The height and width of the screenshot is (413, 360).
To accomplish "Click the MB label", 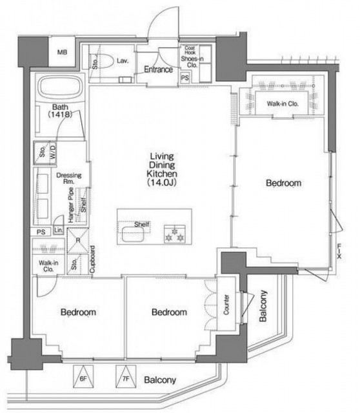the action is click(x=62, y=52).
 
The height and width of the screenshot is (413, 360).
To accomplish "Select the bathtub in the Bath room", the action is click(x=60, y=87).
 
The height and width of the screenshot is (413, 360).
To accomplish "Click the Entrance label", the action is click(x=158, y=70).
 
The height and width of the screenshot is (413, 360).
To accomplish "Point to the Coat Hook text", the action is click(x=190, y=50).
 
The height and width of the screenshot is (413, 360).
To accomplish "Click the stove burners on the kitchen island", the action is click(x=174, y=234).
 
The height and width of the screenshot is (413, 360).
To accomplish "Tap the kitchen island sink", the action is click(x=133, y=234).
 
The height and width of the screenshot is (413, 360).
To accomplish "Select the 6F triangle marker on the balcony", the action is click(x=83, y=376).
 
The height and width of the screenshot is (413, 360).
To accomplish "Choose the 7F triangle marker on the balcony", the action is click(x=126, y=376).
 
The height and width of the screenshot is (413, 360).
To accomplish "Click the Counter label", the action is click(x=226, y=305).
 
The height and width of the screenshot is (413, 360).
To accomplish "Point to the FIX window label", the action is click(x=339, y=251).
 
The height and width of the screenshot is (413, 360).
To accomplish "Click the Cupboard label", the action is click(x=92, y=259).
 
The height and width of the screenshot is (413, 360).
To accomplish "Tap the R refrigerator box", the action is click(x=77, y=241).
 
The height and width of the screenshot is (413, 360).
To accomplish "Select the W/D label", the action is click(x=53, y=152).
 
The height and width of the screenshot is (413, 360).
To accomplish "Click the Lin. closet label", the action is click(x=59, y=230).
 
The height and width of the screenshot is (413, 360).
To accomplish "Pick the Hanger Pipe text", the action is click(x=71, y=205).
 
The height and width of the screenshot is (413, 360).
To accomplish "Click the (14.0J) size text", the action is click(x=161, y=182).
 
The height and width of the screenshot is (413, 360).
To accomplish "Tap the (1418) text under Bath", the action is click(x=60, y=114).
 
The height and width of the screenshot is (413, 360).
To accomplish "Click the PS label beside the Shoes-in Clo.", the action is click(x=185, y=77).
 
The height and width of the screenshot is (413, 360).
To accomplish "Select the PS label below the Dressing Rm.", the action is click(x=41, y=232).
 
